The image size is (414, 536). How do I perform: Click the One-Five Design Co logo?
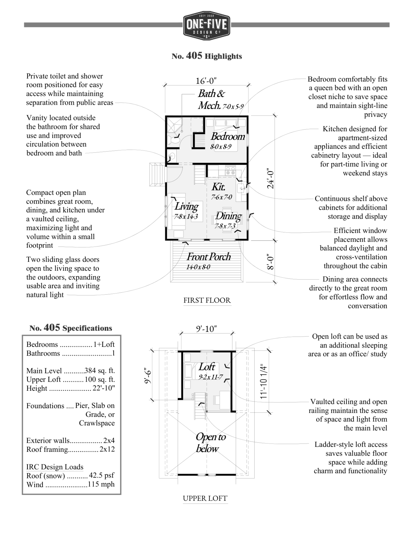[206, 26]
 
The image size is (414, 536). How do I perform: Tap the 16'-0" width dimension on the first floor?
[206, 81]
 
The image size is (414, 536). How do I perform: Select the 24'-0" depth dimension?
[271, 178]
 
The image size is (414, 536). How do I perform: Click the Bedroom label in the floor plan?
[228, 137]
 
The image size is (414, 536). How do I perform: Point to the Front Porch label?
[208, 257]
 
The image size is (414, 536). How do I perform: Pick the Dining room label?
[229, 216]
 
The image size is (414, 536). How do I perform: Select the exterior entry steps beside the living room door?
[156, 174]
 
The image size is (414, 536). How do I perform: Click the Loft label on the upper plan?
[207, 367]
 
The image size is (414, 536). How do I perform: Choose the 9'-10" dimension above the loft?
[206, 329]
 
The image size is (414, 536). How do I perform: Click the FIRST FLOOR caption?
[207, 300]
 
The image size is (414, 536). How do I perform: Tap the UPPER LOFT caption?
[205, 498]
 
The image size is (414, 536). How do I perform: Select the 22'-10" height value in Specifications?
[104, 388]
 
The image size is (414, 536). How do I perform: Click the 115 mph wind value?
[101, 484]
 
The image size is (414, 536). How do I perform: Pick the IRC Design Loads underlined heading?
[55, 467]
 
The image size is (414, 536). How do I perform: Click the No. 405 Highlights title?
[207, 56]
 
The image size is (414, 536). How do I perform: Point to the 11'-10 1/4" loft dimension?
[264, 381]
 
